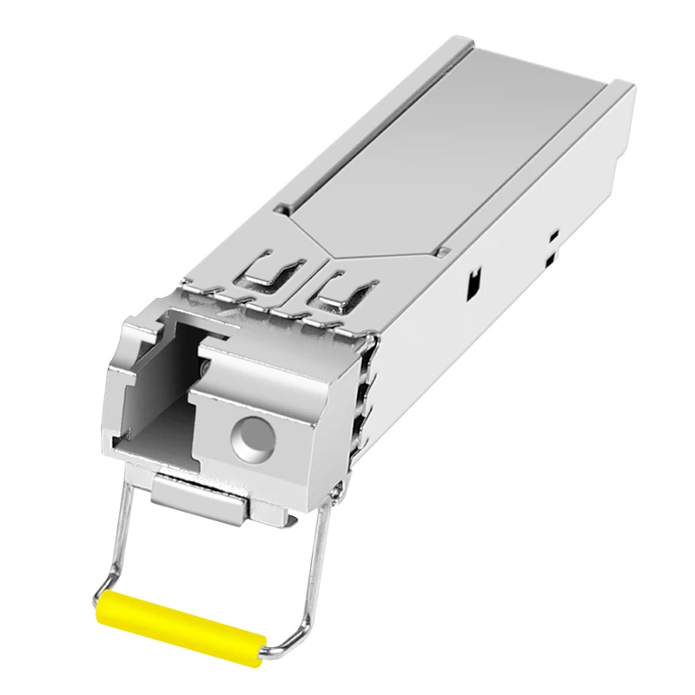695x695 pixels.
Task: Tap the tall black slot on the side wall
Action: click(x=473, y=281)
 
